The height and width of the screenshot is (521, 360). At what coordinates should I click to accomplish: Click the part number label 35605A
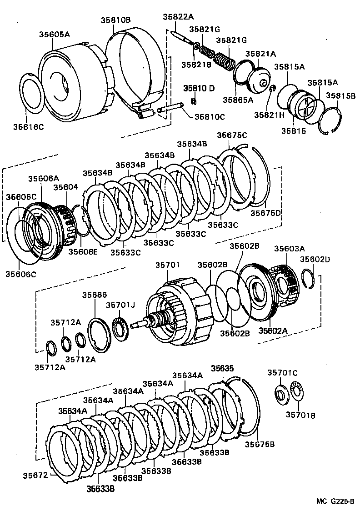[54, 34]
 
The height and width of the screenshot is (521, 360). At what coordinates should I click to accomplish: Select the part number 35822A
[178, 17]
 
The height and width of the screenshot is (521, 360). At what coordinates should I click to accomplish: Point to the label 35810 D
[199, 88]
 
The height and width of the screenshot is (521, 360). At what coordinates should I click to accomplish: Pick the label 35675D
[266, 213]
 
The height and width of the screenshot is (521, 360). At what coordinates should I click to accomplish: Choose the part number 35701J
[121, 305]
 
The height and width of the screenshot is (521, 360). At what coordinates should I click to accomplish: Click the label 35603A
[289, 248]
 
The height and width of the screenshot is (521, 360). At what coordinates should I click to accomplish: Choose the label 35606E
[82, 251]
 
